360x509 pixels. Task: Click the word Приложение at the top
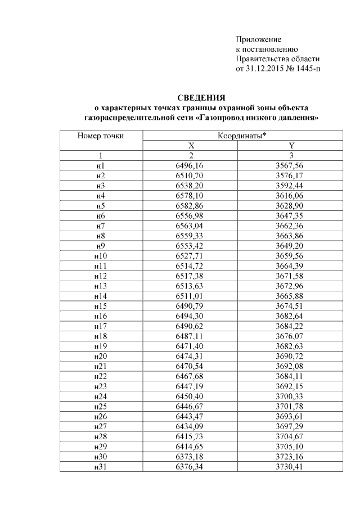(x=258, y=39)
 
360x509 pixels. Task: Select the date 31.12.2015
(x=268, y=69)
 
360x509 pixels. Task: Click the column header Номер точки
(x=100, y=135)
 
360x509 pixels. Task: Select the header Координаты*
(x=242, y=135)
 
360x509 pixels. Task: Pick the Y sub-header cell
(x=291, y=145)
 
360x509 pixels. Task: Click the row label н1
(x=100, y=165)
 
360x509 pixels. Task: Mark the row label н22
(x=100, y=376)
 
